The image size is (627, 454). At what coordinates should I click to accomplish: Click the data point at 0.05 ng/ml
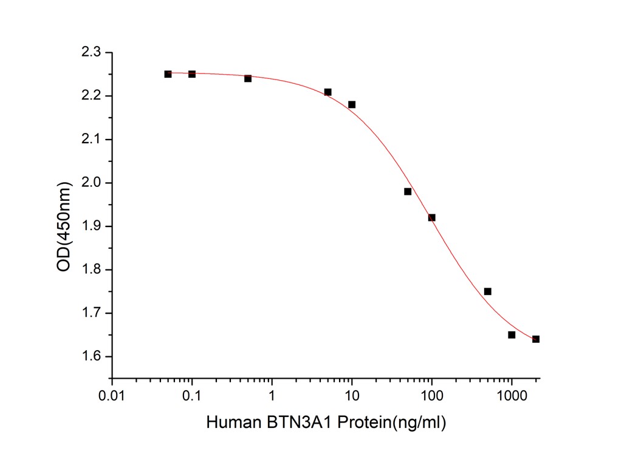168,74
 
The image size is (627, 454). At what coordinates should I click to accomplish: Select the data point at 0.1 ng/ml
192,74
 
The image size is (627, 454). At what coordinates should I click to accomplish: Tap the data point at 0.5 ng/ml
248,78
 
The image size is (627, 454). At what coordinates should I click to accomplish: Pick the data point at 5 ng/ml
327,92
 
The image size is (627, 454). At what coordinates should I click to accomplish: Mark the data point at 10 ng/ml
352,104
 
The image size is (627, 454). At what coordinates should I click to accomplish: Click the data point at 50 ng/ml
408,191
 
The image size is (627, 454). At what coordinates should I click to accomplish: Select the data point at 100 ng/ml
432,217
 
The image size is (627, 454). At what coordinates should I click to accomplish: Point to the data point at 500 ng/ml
488,291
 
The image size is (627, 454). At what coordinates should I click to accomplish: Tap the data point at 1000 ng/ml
512,334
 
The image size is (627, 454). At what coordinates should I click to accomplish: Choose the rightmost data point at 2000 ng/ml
536,339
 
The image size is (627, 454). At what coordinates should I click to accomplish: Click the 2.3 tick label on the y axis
92,53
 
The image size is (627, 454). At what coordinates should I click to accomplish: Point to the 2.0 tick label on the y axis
92,183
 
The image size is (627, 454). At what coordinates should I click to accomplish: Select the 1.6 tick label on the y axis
92,356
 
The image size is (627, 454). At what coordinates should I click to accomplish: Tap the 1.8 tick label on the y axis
92,269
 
